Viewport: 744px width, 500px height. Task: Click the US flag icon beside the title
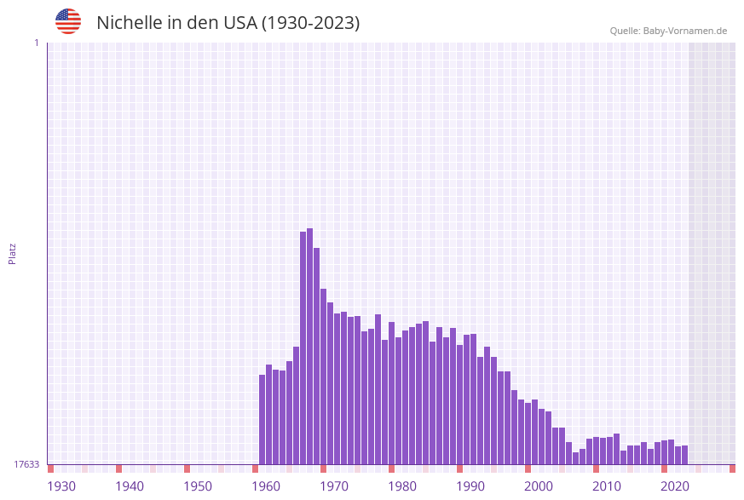coord(68,22)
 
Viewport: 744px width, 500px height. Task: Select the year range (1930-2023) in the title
coord(310,23)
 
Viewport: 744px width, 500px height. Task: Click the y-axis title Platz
coord(13,253)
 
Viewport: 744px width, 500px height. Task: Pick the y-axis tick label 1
coord(36,43)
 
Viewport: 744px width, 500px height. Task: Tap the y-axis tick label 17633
coord(26,464)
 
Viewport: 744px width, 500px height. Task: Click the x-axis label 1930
coord(61,486)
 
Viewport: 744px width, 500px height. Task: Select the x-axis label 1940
coord(130,486)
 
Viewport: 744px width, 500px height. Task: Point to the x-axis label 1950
coord(198,486)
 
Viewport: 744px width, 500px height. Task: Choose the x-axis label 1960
coord(266,486)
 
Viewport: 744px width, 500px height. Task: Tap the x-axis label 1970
coord(334,486)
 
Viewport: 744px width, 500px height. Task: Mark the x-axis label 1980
coord(402,486)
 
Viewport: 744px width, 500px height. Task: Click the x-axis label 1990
coord(470,486)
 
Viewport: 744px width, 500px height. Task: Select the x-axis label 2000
coord(539,486)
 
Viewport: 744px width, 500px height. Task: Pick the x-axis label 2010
coord(607,486)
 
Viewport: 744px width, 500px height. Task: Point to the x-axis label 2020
coord(675,486)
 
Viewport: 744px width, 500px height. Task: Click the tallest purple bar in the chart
coord(310,346)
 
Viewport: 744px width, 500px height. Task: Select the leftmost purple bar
coord(262,419)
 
